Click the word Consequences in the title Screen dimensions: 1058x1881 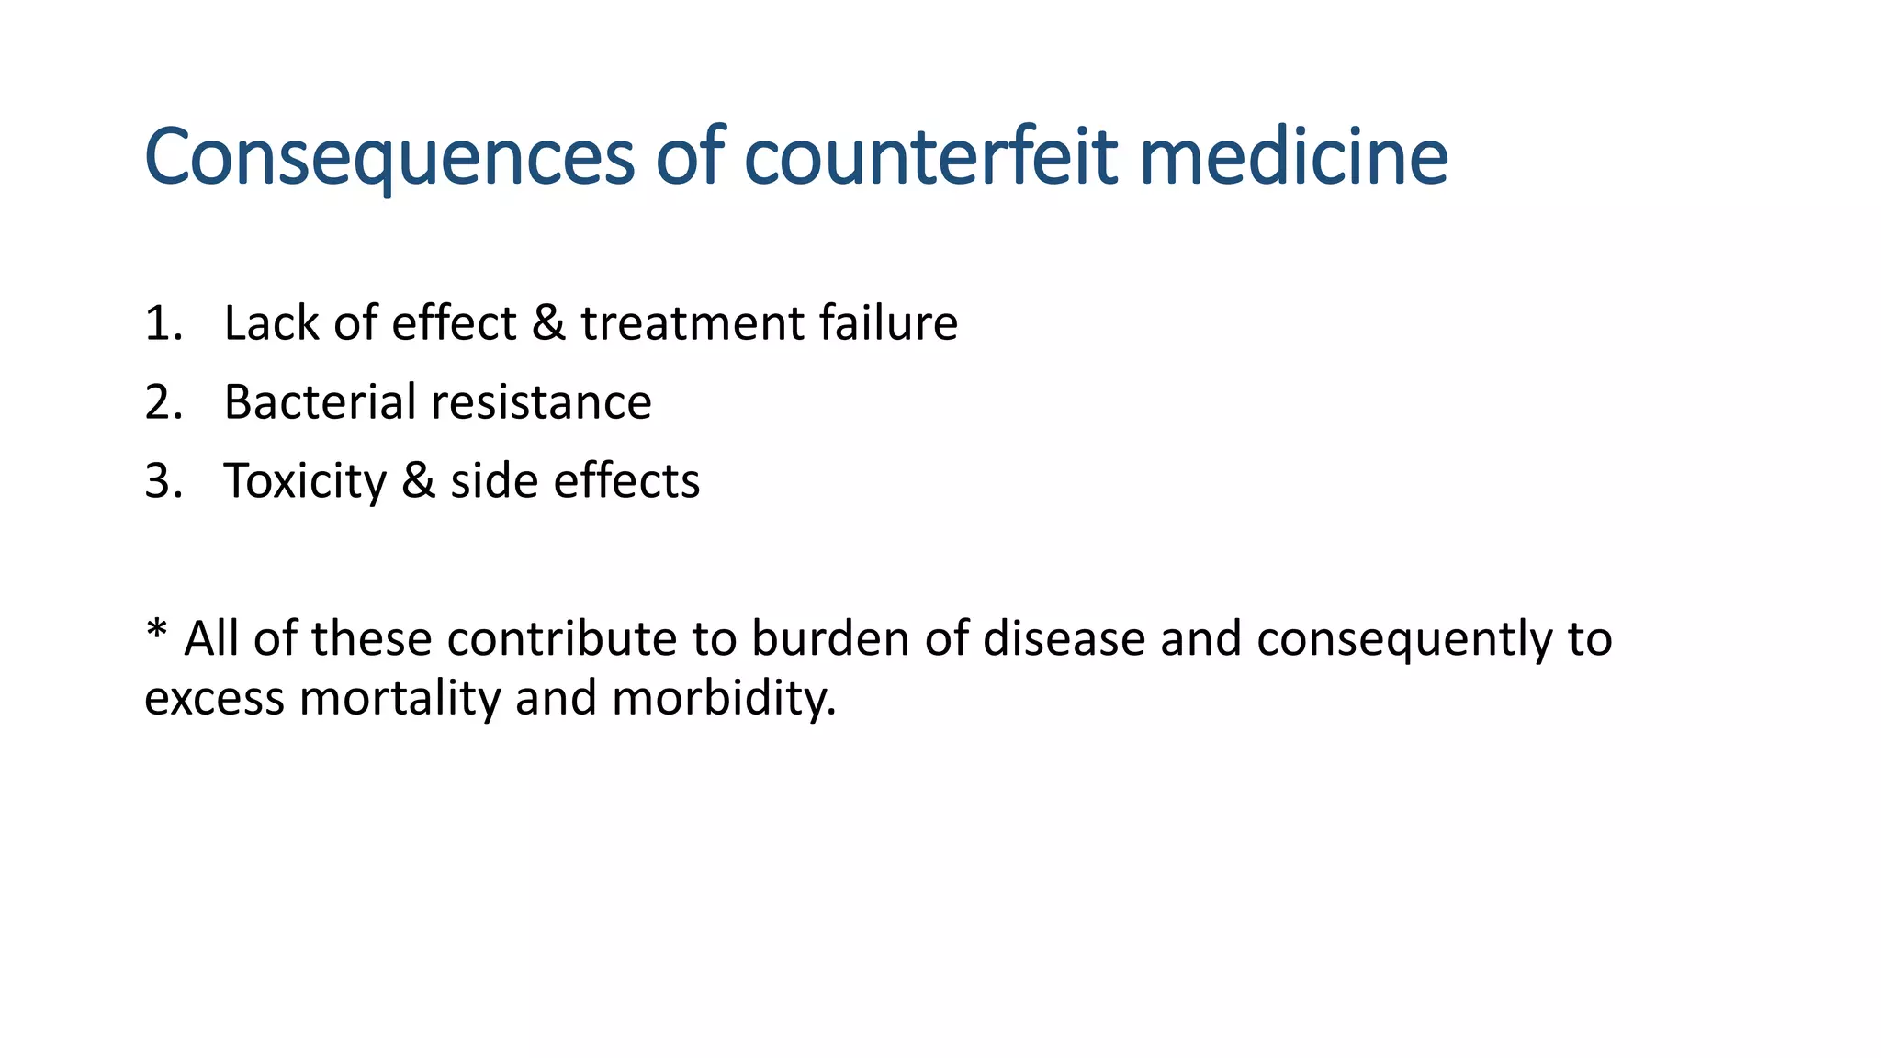point(389,157)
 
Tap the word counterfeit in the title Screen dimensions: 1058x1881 point(929,157)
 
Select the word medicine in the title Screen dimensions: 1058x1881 point(1293,157)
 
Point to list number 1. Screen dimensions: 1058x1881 point(163,324)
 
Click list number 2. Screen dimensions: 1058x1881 point(163,403)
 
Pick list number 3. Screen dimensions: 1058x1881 point(163,482)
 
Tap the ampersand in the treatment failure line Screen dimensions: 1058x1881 point(548,324)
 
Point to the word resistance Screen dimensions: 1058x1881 point(541,403)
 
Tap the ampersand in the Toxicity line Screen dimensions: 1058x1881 point(418,482)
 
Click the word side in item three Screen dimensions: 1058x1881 point(493,482)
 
